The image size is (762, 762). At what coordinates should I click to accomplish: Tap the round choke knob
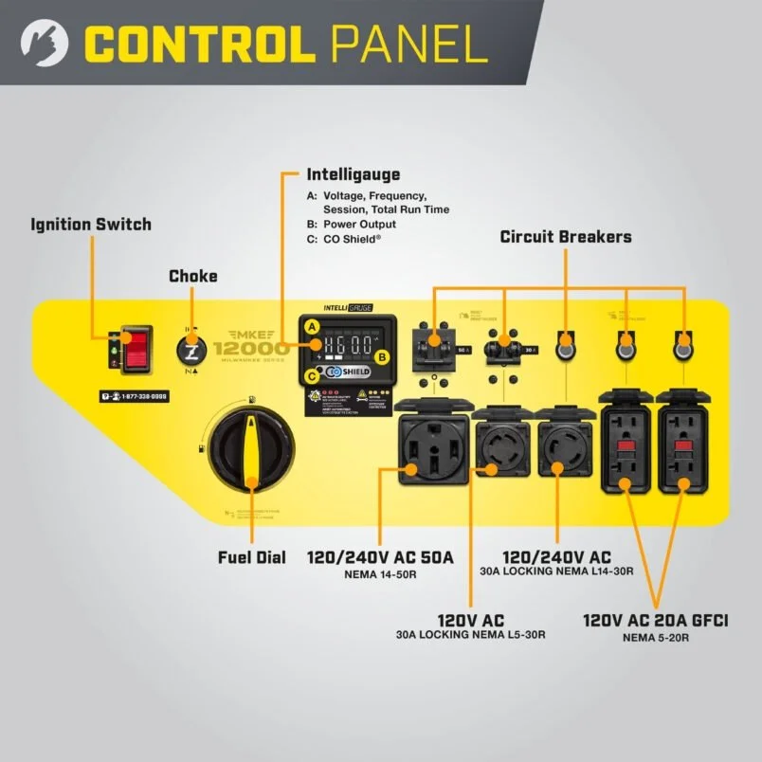pyautogui.click(x=192, y=352)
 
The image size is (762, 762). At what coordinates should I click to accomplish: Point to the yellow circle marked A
pyautogui.click(x=311, y=326)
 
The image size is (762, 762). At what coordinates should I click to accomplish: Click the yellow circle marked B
pyautogui.click(x=382, y=357)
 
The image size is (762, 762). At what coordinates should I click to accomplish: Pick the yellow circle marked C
pyautogui.click(x=311, y=376)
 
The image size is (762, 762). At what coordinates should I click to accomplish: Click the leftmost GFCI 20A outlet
pyautogui.click(x=626, y=445)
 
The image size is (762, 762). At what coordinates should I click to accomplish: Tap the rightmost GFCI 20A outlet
pyautogui.click(x=681, y=445)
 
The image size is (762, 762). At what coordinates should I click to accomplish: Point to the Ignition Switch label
pyautogui.click(x=91, y=225)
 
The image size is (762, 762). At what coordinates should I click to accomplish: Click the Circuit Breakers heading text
pyautogui.click(x=565, y=237)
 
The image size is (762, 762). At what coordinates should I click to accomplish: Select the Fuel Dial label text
pyautogui.click(x=251, y=557)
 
